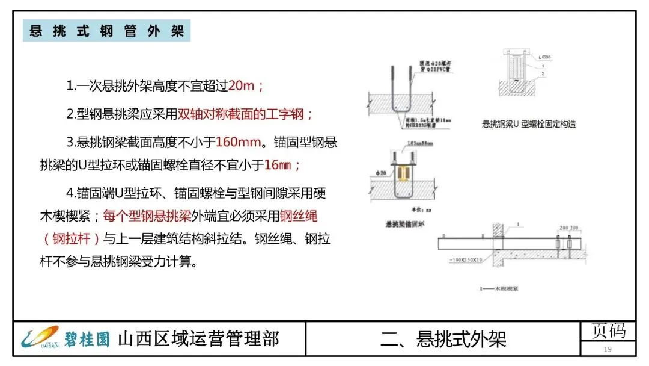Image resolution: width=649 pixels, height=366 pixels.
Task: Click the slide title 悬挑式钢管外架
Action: pos(106,31)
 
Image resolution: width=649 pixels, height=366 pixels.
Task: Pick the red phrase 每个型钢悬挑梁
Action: pos(147,216)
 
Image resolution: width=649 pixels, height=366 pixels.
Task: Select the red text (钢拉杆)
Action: pos(71,239)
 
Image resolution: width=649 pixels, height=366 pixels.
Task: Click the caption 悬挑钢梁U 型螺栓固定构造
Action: pos(529,124)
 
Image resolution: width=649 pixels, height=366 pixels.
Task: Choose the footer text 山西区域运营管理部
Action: pos(198,338)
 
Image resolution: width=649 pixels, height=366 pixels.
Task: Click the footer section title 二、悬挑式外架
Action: pos(443,339)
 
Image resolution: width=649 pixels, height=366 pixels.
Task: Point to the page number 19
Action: pos(608,349)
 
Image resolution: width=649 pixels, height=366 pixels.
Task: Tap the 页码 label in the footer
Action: pos(608,330)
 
